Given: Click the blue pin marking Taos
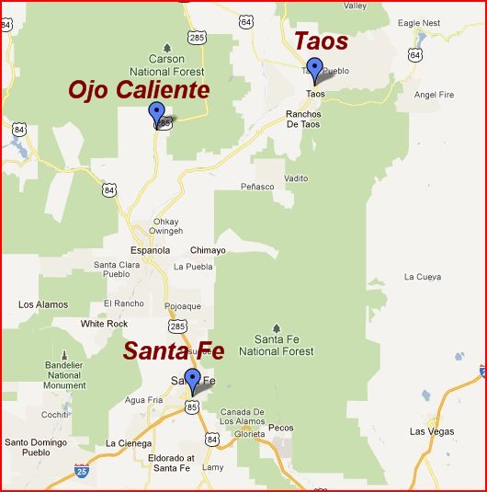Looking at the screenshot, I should click(x=314, y=69).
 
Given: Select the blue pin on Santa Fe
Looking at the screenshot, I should click(x=192, y=378).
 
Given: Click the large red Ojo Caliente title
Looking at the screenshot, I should click(x=139, y=89).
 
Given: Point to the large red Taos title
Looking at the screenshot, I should click(x=320, y=40).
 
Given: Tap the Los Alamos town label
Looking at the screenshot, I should click(x=43, y=304).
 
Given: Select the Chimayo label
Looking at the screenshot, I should click(x=207, y=249).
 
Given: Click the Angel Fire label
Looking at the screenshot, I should click(x=435, y=94).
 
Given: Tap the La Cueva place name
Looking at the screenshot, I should click(x=423, y=277).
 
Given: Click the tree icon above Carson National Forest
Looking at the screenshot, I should click(x=166, y=46).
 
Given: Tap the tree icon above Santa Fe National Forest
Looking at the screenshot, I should click(x=277, y=326).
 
